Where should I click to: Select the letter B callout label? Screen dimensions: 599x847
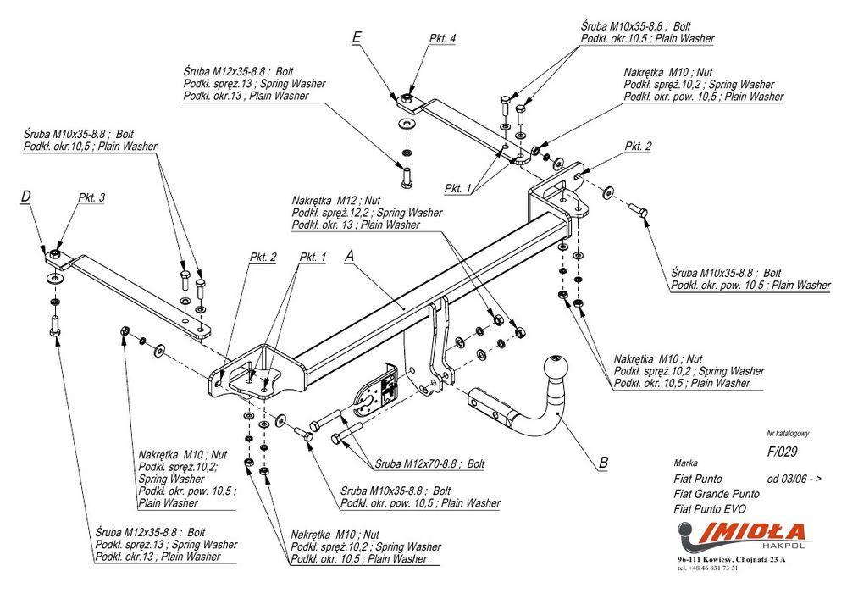603,463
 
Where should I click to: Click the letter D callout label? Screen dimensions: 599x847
26,197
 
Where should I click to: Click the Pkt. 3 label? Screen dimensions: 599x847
91,197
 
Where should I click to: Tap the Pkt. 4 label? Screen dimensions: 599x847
442,39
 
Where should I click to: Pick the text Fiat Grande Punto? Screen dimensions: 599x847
717,493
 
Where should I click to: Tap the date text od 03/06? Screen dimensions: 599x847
794,479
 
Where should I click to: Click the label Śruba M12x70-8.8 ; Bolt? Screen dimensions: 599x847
429,463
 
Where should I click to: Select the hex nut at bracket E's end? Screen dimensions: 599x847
407,100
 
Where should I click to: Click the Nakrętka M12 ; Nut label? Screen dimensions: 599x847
336,200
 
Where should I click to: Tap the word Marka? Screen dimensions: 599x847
686,463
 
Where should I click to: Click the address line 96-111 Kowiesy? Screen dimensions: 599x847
731,560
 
